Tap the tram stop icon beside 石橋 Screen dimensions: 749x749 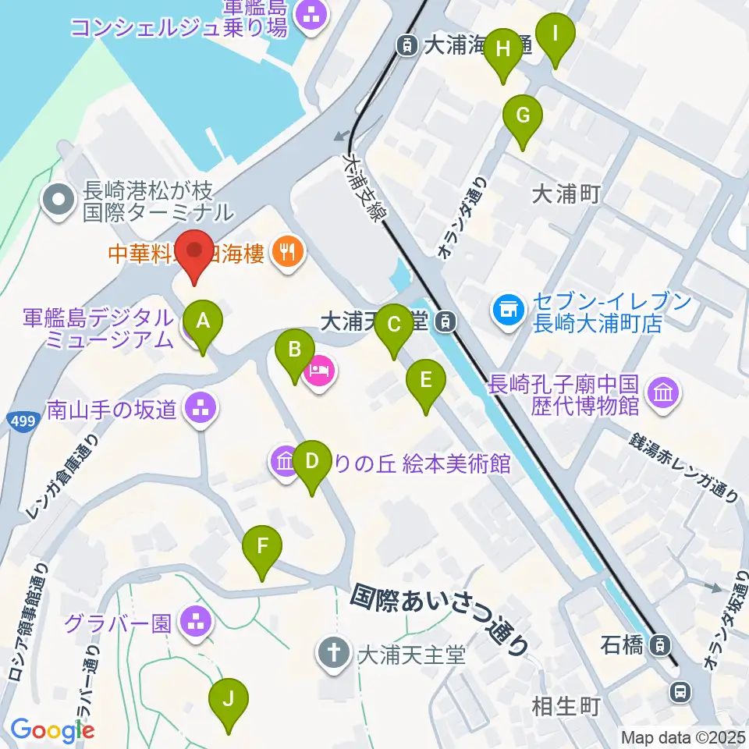(660, 644)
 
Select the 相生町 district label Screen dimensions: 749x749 (566, 707)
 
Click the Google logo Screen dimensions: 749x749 (53, 731)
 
